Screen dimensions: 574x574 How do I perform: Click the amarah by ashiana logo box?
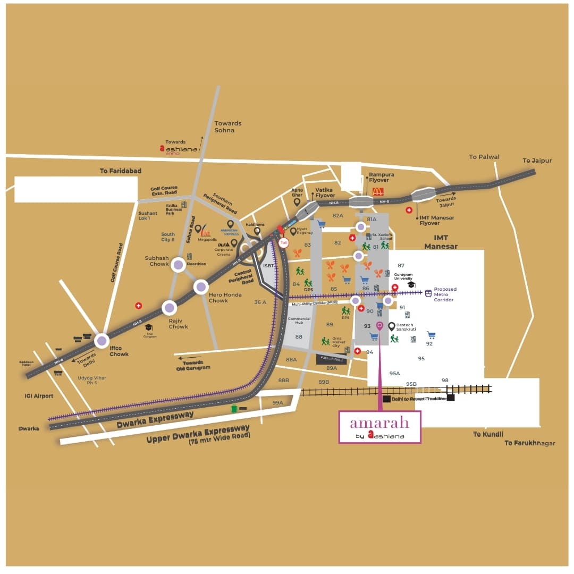click(379, 426)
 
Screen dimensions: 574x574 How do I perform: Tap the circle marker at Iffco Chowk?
click(102, 340)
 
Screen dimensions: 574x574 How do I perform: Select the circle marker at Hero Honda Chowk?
click(201, 287)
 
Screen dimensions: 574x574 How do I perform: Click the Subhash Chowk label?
click(157, 261)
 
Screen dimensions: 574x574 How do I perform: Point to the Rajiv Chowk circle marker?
click(169, 307)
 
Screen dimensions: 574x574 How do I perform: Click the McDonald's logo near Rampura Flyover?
click(377, 192)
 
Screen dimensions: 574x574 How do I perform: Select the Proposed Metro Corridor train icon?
click(428, 293)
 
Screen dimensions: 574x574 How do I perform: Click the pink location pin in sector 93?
click(379, 325)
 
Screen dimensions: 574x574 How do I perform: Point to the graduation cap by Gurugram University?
click(411, 285)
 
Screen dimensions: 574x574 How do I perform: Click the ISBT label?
click(269, 265)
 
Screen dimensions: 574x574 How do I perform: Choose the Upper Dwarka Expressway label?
click(198, 434)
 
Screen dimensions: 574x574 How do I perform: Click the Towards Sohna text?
click(227, 126)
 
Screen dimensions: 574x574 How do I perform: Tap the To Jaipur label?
click(537, 161)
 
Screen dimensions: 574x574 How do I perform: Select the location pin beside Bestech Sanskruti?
click(392, 326)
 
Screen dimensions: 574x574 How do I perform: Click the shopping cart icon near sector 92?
click(431, 335)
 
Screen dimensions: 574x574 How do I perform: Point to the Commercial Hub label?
click(299, 320)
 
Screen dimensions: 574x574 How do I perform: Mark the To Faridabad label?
click(121, 171)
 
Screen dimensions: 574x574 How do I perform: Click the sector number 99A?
click(277, 403)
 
